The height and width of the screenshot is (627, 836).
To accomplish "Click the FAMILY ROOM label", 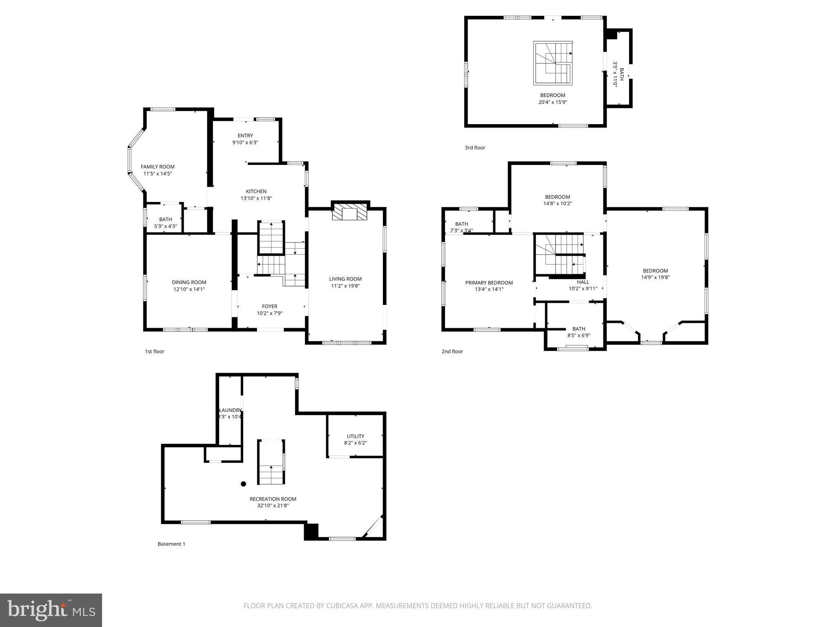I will (x=158, y=167).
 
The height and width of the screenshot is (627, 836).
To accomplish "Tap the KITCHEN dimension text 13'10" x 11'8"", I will (x=256, y=198).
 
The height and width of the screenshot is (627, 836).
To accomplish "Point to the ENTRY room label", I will (x=245, y=136).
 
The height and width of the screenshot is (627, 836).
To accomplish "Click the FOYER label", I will (x=269, y=306).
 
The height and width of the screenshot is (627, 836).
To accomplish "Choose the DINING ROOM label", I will (x=189, y=282).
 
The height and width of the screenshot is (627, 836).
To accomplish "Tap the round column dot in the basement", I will (x=243, y=484).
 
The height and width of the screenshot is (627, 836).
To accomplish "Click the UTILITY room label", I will (x=356, y=436).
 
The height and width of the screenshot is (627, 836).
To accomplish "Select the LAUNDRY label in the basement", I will (x=230, y=410).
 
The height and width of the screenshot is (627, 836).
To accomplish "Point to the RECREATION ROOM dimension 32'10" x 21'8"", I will (x=273, y=506).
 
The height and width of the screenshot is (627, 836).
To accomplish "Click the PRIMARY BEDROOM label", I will (x=489, y=282).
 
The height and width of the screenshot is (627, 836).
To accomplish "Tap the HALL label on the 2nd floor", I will (x=583, y=282).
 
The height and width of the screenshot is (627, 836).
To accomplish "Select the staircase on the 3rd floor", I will (x=553, y=63).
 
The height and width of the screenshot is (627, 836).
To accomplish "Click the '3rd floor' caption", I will (x=475, y=148).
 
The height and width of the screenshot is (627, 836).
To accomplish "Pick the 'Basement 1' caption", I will (x=171, y=544).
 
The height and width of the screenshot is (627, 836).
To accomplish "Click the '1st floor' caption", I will (x=154, y=351).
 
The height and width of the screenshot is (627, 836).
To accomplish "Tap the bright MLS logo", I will (x=51, y=610).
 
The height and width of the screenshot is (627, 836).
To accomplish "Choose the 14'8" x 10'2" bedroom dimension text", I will (x=558, y=204).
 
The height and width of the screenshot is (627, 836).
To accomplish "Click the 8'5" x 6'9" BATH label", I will (x=578, y=329).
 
